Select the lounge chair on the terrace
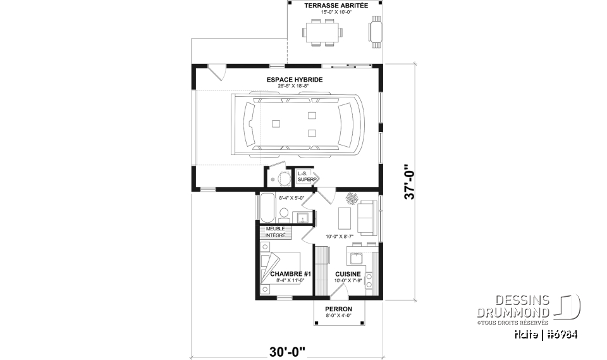(x=376, y=32)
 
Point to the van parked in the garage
(x=298, y=125)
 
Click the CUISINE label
(x=348, y=274)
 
